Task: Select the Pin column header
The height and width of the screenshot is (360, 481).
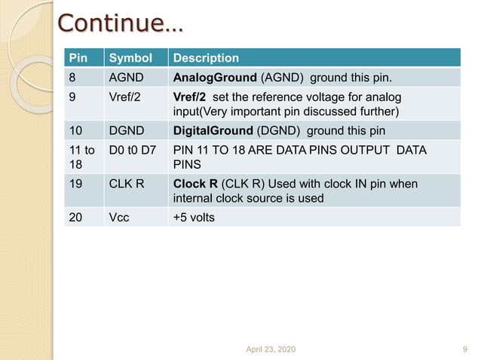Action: [78, 58]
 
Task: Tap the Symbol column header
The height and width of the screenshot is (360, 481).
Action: [130, 58]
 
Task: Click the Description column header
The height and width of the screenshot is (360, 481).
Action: [206, 58]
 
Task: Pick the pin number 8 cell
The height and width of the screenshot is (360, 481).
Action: [73, 78]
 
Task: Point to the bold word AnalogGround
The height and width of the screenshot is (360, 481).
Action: [215, 78]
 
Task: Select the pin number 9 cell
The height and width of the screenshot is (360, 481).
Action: [73, 97]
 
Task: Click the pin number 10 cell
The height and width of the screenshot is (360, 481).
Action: [76, 130]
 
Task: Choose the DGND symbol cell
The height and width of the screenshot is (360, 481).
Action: [126, 130]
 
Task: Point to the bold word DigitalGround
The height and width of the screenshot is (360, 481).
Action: [213, 130]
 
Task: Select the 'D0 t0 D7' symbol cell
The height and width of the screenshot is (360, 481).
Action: [133, 151]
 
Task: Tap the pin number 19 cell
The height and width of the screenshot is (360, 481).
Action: [76, 184]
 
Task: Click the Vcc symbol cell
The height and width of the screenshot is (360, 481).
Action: [120, 217]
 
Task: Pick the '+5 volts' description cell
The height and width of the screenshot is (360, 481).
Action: [194, 217]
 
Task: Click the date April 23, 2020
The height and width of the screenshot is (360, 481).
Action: [271, 349]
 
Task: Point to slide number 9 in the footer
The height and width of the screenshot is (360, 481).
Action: [464, 349]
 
